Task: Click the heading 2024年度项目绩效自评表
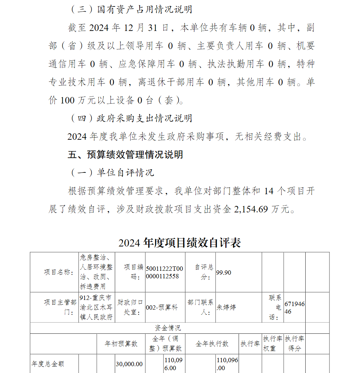pos(180,243)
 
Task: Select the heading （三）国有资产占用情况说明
pos(131,9)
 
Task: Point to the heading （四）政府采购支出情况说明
pos(131,118)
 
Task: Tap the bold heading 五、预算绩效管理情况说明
pos(125,154)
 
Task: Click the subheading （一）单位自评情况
pos(112,172)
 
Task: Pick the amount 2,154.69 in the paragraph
pos(251,209)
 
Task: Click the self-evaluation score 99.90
pos(224,273)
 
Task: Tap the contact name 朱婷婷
pos(226,307)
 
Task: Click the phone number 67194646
pos(294,308)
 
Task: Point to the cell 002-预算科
pos(162,307)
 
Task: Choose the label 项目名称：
pos(59,272)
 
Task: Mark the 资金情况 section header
pos(168,328)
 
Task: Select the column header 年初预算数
pos(121,343)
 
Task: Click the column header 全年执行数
pos(212,343)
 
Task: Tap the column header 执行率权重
pos(273,343)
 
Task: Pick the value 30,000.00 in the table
pos(129,364)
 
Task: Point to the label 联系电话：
pos(275,307)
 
